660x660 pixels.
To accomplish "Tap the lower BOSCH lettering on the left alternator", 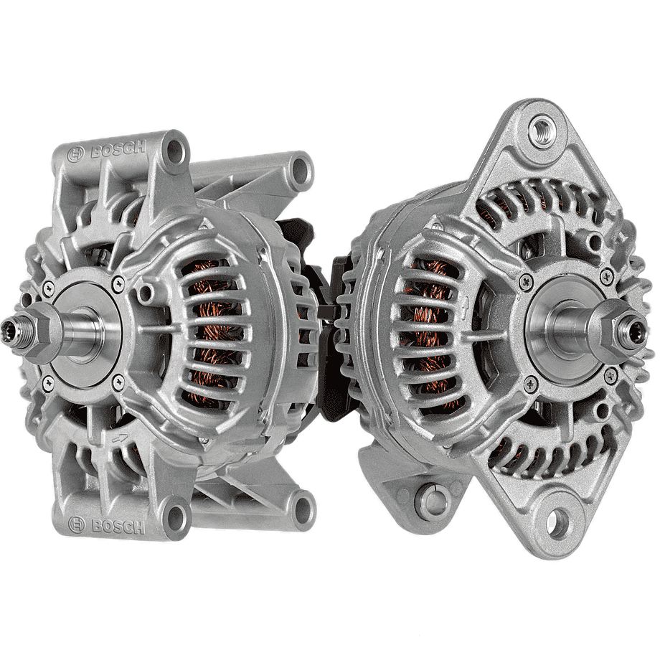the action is [x=118, y=525].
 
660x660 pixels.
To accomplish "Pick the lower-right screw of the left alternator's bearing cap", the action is [x=118, y=382].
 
